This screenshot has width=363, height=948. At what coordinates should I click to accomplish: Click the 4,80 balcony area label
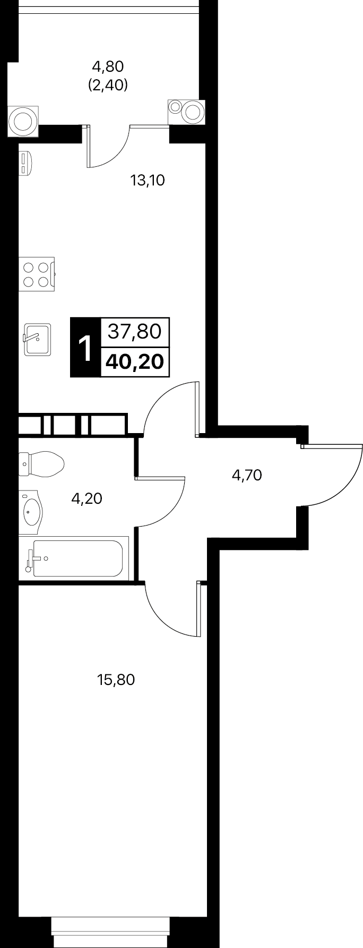click(x=108, y=67)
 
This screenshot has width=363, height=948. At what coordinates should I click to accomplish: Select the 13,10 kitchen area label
click(x=148, y=181)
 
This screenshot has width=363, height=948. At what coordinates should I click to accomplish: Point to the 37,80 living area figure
click(x=134, y=332)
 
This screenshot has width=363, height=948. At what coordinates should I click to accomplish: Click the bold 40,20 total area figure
click(x=134, y=362)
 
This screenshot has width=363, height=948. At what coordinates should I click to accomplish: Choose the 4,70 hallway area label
click(x=247, y=475)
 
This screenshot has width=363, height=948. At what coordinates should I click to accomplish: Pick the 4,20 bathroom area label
click(x=87, y=498)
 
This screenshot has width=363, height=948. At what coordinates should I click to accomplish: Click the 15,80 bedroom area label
click(x=116, y=679)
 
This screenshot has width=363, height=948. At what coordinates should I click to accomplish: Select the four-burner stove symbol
click(x=37, y=274)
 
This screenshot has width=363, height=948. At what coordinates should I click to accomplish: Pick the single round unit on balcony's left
click(x=23, y=120)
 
